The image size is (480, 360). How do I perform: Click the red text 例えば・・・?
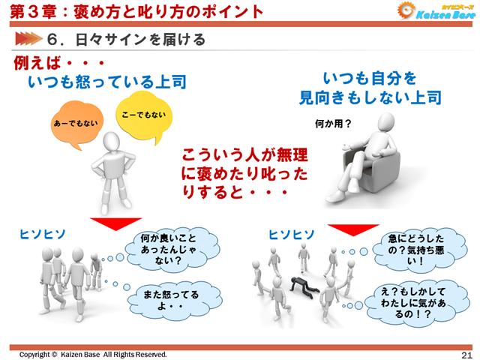(x=57, y=63)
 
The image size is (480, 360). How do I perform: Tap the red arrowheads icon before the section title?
(x=26, y=37)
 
